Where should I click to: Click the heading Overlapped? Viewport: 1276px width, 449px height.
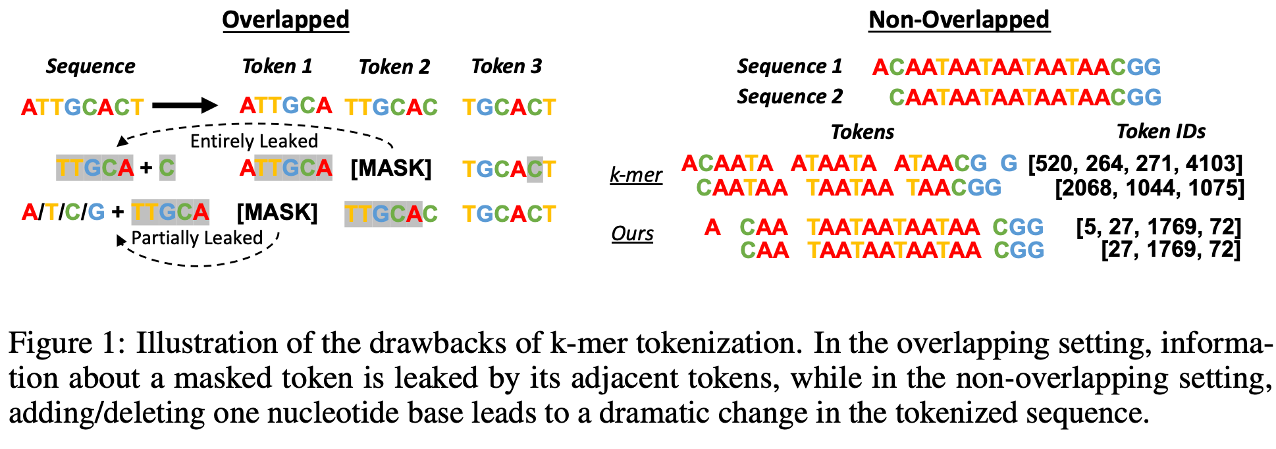tap(285, 20)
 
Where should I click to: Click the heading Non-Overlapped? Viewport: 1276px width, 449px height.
tap(959, 20)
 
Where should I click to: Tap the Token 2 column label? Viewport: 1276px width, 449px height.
tap(394, 66)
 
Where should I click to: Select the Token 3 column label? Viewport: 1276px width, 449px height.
tap(506, 66)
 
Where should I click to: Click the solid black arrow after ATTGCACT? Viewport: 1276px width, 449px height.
tap(184, 105)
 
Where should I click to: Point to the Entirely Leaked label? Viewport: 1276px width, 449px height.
tap(253, 141)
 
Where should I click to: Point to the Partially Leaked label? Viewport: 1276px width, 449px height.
tap(197, 238)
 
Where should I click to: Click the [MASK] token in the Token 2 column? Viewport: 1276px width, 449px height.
tap(390, 169)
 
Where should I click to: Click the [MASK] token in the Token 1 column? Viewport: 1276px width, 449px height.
tap(277, 213)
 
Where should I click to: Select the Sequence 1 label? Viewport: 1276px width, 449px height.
tap(789, 66)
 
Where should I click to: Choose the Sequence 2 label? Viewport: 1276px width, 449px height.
tap(789, 97)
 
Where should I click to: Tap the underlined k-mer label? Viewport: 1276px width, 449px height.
tap(635, 175)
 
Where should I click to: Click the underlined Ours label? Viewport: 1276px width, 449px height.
tap(632, 234)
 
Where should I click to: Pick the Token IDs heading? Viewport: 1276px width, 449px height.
tap(1161, 132)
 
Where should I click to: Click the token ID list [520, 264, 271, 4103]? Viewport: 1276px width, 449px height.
tap(1135, 163)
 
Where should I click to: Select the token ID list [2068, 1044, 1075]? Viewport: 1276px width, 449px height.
tap(1149, 188)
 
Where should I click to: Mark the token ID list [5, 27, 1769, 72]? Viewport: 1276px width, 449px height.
tap(1158, 227)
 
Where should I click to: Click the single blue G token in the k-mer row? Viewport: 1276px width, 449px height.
tap(1009, 163)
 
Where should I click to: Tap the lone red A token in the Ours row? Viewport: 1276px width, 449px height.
tap(712, 228)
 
